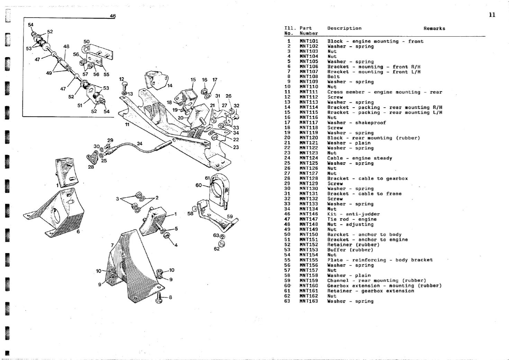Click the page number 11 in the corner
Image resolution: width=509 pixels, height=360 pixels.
[492, 15]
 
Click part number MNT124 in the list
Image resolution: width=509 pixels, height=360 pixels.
[309, 158]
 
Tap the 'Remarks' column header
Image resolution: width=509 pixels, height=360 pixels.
[434, 28]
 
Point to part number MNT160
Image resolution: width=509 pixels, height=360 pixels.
[309, 286]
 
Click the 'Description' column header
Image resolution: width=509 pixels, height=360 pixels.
[344, 28]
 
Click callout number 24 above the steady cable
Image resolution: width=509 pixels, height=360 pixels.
[139, 143]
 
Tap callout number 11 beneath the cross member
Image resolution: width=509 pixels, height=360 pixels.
[127, 124]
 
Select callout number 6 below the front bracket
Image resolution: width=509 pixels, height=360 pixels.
[78, 231]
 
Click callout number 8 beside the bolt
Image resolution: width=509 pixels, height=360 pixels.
[170, 297]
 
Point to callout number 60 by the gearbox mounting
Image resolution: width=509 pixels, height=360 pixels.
[198, 185]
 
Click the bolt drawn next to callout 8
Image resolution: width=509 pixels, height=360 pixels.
[160, 297]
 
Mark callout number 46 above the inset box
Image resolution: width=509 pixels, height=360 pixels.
[113, 16]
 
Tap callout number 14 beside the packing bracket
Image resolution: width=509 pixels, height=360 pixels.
[170, 85]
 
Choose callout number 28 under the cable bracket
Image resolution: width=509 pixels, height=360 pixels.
[91, 167]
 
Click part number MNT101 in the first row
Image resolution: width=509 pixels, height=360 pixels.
[309, 41]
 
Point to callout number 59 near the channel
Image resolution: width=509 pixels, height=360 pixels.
[230, 216]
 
